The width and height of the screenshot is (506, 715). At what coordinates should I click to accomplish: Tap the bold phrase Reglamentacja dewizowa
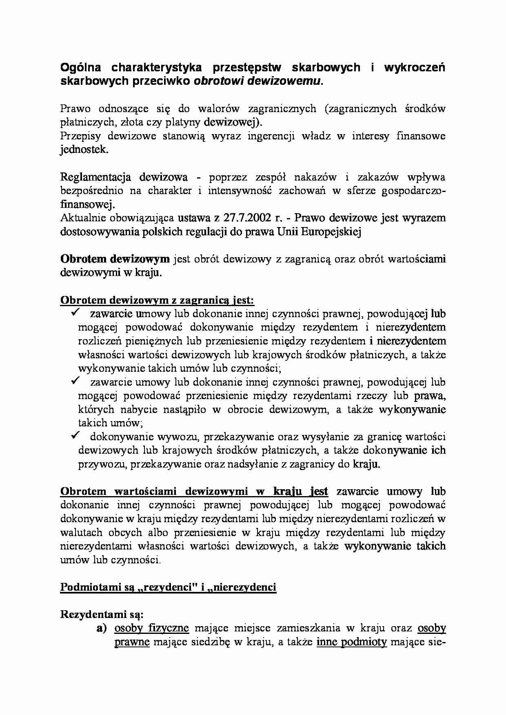point(124,177)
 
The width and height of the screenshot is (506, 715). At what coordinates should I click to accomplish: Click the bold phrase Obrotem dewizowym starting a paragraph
point(115,259)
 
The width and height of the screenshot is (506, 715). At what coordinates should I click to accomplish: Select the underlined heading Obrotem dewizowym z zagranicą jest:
point(157,300)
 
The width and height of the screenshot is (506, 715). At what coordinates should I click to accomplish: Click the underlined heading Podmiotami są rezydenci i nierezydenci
point(168,587)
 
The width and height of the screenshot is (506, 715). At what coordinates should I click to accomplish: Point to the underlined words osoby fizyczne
point(151,628)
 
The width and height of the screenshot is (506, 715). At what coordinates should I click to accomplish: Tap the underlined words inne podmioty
point(351,642)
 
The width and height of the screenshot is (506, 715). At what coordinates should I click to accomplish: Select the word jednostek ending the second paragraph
point(84,150)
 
